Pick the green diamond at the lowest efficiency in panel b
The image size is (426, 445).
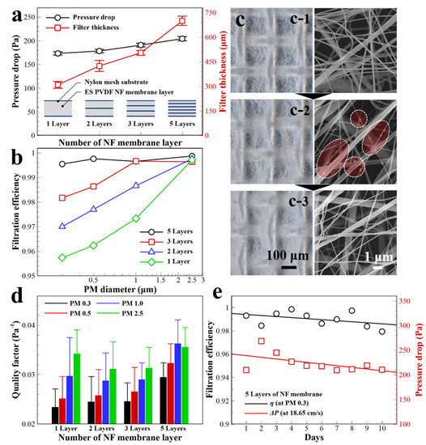(x=62, y=257)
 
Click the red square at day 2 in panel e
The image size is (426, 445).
(x=261, y=341)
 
